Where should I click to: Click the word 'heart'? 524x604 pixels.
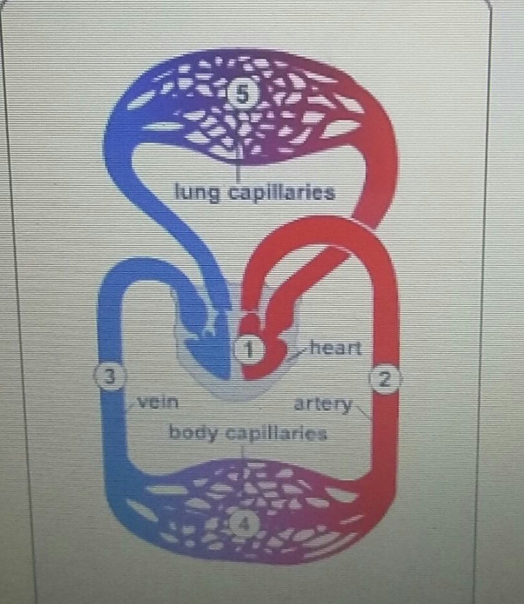point(335,348)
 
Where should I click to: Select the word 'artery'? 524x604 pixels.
point(323,405)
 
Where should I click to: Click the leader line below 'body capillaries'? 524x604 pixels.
point(243,450)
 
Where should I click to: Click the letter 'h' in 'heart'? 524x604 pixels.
point(316,348)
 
